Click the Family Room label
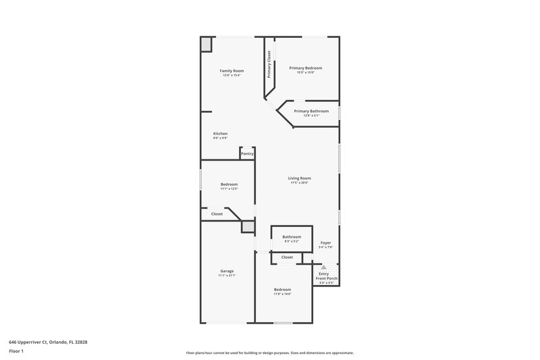tap(232, 71)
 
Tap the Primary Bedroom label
tap(306, 68)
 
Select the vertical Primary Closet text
tap(269, 65)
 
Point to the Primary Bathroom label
tap(311, 111)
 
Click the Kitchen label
tap(220, 134)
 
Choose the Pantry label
tap(247, 154)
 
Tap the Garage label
tap(227, 271)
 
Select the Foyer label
tap(325, 242)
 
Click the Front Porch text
tap(327, 278)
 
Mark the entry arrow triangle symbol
tap(323, 267)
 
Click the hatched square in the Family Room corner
tap(206, 44)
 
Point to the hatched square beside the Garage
tap(249, 228)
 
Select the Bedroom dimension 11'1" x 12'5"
tap(229, 189)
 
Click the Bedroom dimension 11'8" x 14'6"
tap(282, 294)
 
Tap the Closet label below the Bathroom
tap(287, 257)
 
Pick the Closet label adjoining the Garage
tap(217, 214)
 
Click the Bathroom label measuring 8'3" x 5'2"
tap(292, 237)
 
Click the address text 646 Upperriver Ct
tap(33, 342)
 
